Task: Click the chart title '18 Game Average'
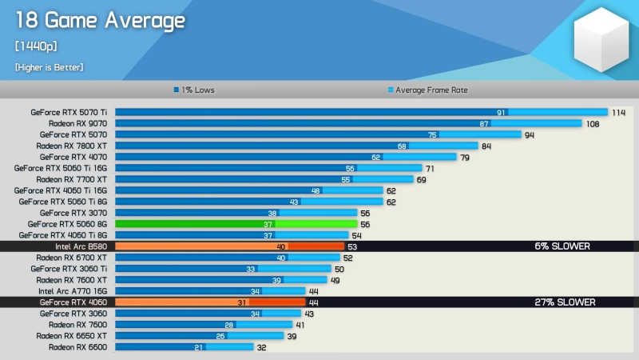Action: pyautogui.click(x=100, y=21)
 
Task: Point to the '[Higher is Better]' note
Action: pyautogui.click(x=49, y=67)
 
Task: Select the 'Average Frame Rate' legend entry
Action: pyautogui.click(x=427, y=90)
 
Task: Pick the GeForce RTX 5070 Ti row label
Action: pyautogui.click(x=69, y=113)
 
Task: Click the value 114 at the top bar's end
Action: pyautogui.click(x=618, y=113)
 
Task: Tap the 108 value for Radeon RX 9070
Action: pyautogui.click(x=593, y=124)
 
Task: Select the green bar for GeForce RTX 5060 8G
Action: pyautogui.click(x=236, y=225)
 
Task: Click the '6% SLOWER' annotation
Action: pyautogui.click(x=562, y=246)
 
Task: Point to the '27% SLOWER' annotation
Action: pyautogui.click(x=564, y=302)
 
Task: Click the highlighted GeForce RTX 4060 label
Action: pyautogui.click(x=73, y=303)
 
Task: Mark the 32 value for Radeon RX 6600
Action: pyautogui.click(x=260, y=348)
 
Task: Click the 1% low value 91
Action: pyautogui.click(x=501, y=113)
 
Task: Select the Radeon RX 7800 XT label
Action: pyautogui.click(x=72, y=146)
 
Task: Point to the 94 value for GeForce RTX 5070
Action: pyautogui.click(x=529, y=135)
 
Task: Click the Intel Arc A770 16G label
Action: pyautogui.click(x=73, y=292)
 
